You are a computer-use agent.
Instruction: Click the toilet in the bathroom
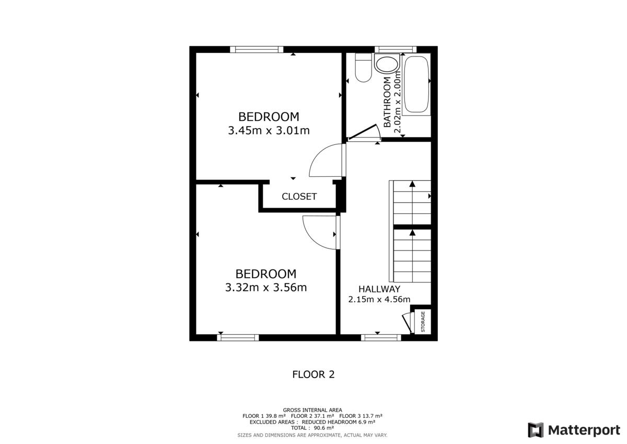[363, 67]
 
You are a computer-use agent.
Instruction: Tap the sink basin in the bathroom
[387, 64]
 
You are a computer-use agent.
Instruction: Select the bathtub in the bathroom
[416, 84]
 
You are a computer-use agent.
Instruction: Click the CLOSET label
[299, 197]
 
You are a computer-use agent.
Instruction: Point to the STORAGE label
[423, 322]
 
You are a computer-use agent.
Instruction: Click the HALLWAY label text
[379, 289]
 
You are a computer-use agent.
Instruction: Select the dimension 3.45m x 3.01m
[269, 131]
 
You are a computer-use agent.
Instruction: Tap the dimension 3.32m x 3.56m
[266, 288]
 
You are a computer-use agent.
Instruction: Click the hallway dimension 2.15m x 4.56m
[379, 300]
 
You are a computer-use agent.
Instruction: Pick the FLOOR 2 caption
[313, 374]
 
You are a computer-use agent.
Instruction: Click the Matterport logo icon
[536, 430]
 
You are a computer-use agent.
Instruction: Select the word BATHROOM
[387, 103]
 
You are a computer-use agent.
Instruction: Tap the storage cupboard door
[408, 323]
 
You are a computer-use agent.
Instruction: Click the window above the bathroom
[396, 50]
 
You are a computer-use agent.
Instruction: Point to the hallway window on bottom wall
[381, 338]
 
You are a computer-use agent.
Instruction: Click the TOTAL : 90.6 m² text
[312, 428]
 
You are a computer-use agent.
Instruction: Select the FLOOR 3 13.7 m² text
[361, 416]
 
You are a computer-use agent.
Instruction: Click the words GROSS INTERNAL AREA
[312, 410]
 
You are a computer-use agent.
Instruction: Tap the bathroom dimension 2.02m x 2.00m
[397, 103]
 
